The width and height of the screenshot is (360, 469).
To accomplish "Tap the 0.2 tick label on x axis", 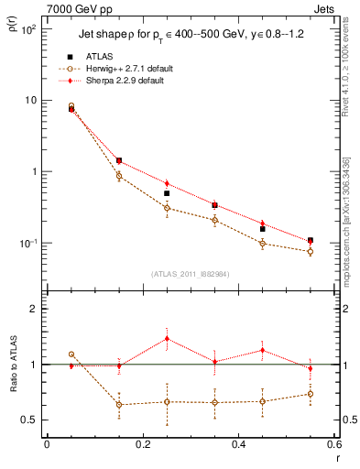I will click(142, 444).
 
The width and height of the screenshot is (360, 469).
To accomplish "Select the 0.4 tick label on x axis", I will click(238, 444).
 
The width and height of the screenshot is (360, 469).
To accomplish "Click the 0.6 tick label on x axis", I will click(332, 444).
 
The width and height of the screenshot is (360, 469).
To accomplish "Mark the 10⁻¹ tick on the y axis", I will click(29, 244).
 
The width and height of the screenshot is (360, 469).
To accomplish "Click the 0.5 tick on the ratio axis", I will click(30, 420).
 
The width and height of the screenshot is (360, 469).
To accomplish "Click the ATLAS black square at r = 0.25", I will click(167, 193).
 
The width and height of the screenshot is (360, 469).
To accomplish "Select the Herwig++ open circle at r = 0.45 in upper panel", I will click(262, 243).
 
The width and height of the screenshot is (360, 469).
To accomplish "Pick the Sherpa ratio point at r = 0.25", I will click(167, 338).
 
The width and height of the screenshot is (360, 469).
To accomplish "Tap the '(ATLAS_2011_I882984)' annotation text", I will click(190, 274).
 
